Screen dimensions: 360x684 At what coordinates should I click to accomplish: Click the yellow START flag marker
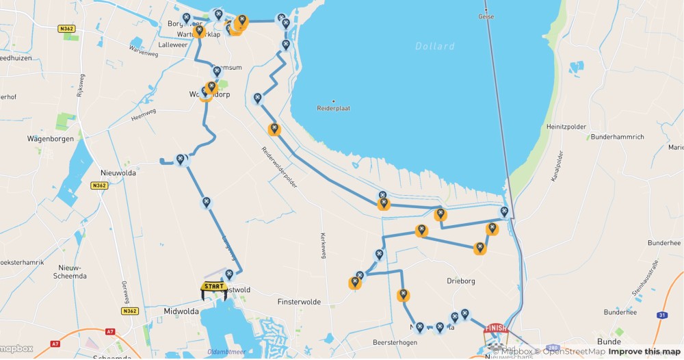pyautogui.click(x=213, y=287)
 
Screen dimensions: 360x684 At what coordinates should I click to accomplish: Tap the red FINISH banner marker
pyautogui.click(x=496, y=329)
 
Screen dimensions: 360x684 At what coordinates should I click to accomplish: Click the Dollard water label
pyautogui.click(x=434, y=47)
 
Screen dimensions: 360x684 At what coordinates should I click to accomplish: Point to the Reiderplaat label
pyautogui.click(x=334, y=108)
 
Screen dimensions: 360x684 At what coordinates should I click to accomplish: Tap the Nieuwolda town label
pyautogui.click(x=118, y=173)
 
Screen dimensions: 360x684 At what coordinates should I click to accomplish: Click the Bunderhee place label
pyautogui.click(x=620, y=311)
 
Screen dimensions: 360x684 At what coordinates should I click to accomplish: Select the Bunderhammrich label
pyautogui.click(x=616, y=137)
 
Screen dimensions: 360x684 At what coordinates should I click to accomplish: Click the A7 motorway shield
pyautogui.click(x=111, y=331)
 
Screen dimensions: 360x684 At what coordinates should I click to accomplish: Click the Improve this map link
pyautogui.click(x=645, y=352)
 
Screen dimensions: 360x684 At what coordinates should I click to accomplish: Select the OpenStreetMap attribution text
pyautogui.click(x=573, y=352)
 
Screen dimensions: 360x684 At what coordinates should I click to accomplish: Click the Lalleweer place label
pyautogui.click(x=173, y=44)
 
